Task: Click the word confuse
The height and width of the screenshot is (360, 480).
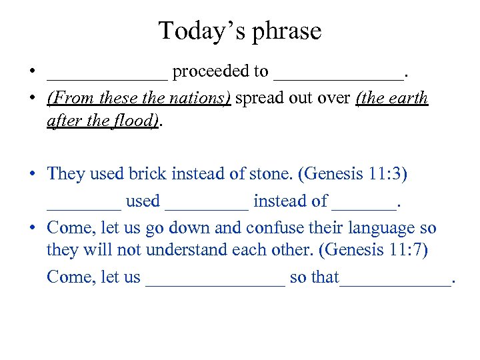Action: tap(271, 228)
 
